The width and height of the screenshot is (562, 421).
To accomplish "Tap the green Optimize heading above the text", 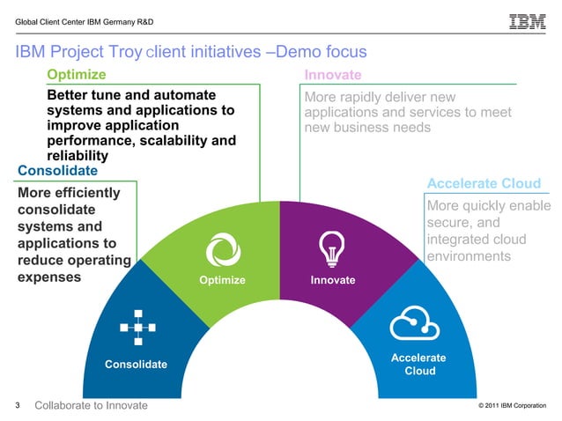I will coord(76,74).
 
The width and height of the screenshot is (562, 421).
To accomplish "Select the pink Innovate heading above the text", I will coord(333,74).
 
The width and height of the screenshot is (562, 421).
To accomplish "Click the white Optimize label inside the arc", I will coord(222,280).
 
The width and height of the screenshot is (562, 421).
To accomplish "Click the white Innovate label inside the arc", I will coord(332,280).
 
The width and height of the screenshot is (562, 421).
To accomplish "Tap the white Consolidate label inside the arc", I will coord(136,364).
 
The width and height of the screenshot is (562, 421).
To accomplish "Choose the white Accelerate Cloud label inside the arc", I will coord(419,364).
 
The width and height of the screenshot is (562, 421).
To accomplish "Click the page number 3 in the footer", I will coord(18,405).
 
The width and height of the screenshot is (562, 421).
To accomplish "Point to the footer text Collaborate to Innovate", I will coord(91,405).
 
